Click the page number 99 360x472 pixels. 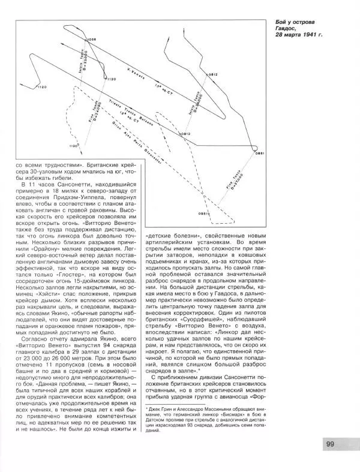point(331,444)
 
